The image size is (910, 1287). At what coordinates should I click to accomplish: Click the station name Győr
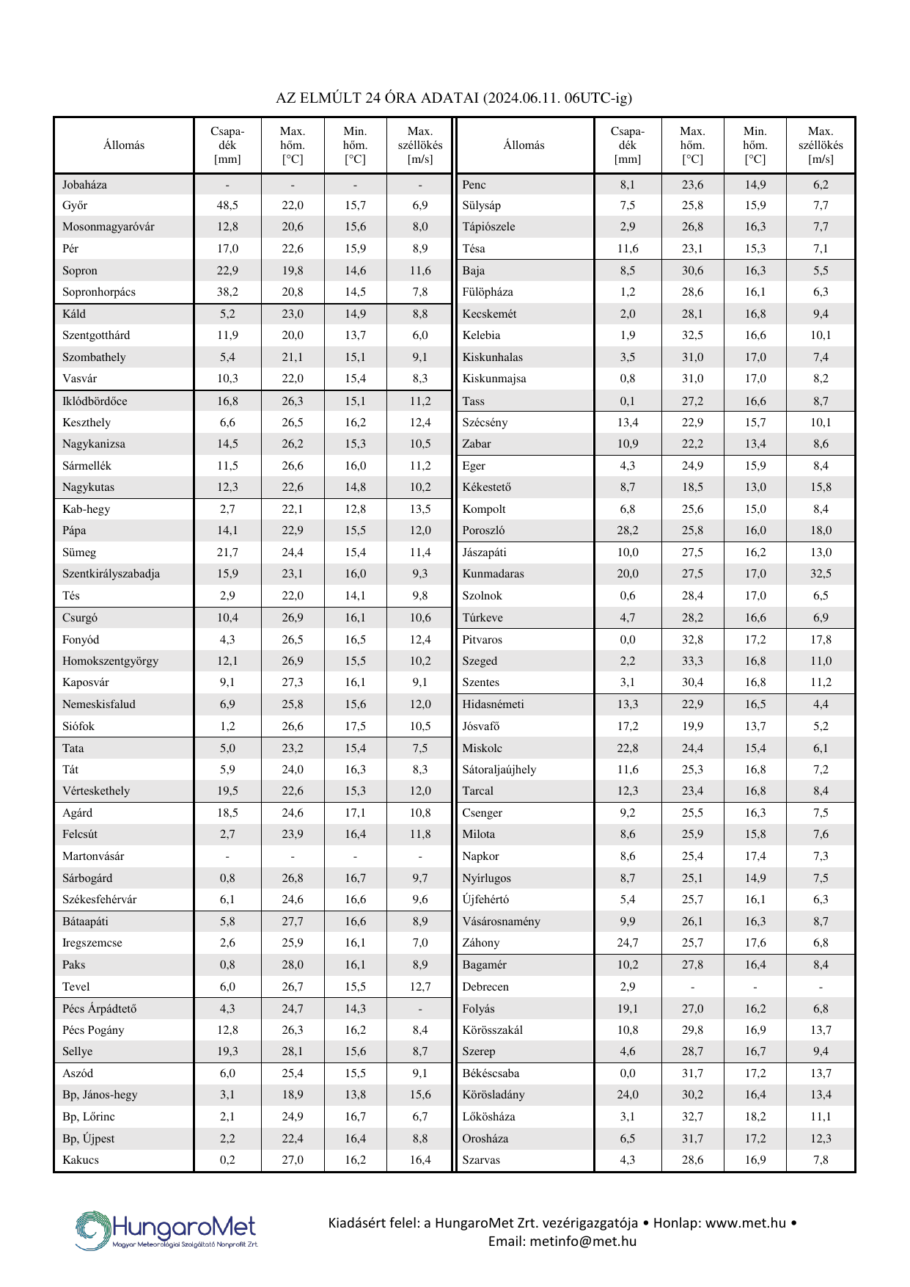click(x=75, y=205)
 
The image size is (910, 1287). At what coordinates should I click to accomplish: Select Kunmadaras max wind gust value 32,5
click(x=821, y=574)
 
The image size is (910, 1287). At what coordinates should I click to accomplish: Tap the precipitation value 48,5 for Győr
click(x=227, y=205)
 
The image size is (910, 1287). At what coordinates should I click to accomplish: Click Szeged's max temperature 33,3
click(x=692, y=661)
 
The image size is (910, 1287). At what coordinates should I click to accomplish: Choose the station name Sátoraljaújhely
click(x=499, y=770)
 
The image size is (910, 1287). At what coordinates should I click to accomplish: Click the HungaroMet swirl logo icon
click(x=93, y=1230)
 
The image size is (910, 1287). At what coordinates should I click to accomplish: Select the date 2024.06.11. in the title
click(x=522, y=98)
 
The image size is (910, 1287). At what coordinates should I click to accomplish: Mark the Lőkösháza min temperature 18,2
click(x=755, y=1117)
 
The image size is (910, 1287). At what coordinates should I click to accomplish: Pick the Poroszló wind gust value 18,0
click(x=821, y=531)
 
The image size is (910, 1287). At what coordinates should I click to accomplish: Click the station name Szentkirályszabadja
click(x=111, y=574)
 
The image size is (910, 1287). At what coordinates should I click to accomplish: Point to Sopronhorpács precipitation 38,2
click(x=227, y=292)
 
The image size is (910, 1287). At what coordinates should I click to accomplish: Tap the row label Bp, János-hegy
click(x=100, y=1095)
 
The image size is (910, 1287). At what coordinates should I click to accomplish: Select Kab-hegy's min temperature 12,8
click(x=355, y=509)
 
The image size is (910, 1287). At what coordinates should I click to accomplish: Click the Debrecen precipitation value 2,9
click(x=627, y=987)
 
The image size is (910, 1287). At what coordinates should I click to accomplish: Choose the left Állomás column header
click(x=124, y=145)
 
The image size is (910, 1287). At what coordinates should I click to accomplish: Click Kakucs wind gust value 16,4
click(x=420, y=1160)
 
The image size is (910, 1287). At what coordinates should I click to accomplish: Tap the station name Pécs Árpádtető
click(x=99, y=1009)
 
